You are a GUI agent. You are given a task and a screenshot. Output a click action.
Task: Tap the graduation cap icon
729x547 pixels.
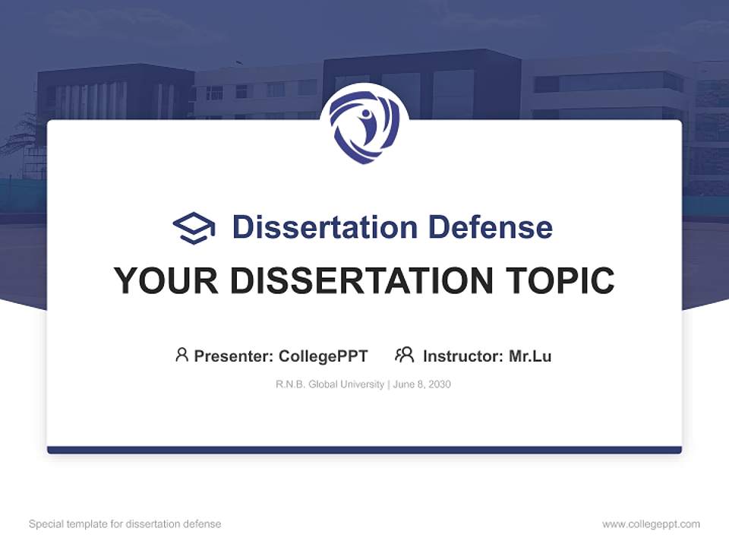194,228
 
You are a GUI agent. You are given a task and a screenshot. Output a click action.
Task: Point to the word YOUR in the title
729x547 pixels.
165,281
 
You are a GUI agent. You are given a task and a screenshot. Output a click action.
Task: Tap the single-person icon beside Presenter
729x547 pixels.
181,355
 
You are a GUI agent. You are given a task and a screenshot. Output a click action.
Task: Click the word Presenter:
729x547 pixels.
234,356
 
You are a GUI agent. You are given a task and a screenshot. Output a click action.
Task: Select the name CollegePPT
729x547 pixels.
323,356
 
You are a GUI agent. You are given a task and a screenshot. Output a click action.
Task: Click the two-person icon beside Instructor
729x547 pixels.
404,355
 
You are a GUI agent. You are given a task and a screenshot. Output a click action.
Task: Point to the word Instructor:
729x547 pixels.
462,356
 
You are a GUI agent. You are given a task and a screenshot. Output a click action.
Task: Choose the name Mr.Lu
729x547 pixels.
530,356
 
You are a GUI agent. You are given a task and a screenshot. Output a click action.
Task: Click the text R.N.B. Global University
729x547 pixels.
330,384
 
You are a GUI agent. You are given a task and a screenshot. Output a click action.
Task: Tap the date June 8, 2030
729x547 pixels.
422,384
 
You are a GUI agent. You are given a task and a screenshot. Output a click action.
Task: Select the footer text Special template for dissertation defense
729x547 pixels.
125,524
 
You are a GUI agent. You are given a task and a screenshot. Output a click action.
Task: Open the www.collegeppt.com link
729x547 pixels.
651,524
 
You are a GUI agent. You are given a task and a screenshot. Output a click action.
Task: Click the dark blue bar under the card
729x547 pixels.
364,450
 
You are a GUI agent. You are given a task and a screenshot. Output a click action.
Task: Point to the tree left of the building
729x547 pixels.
19,137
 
